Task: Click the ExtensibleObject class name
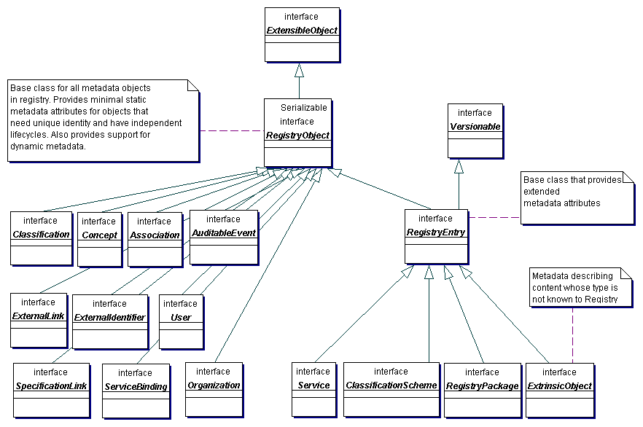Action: [301, 31]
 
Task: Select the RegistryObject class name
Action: [297, 136]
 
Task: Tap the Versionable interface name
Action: [475, 127]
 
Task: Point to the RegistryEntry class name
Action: [436, 232]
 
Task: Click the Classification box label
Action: [42, 235]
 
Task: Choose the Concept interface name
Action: [100, 235]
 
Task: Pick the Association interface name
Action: [155, 235]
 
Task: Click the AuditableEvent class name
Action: [224, 233]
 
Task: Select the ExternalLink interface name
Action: [39, 316]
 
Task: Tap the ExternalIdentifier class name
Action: [109, 318]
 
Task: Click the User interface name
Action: [180, 318]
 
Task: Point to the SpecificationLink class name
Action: [51, 385]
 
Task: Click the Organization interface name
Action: [214, 385]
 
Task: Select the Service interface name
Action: [313, 385]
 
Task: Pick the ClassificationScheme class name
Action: [391, 385]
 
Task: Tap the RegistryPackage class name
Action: [482, 386]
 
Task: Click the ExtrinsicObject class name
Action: [559, 386]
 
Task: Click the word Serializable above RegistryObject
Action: [304, 107]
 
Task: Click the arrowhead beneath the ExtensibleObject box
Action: [298, 71]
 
